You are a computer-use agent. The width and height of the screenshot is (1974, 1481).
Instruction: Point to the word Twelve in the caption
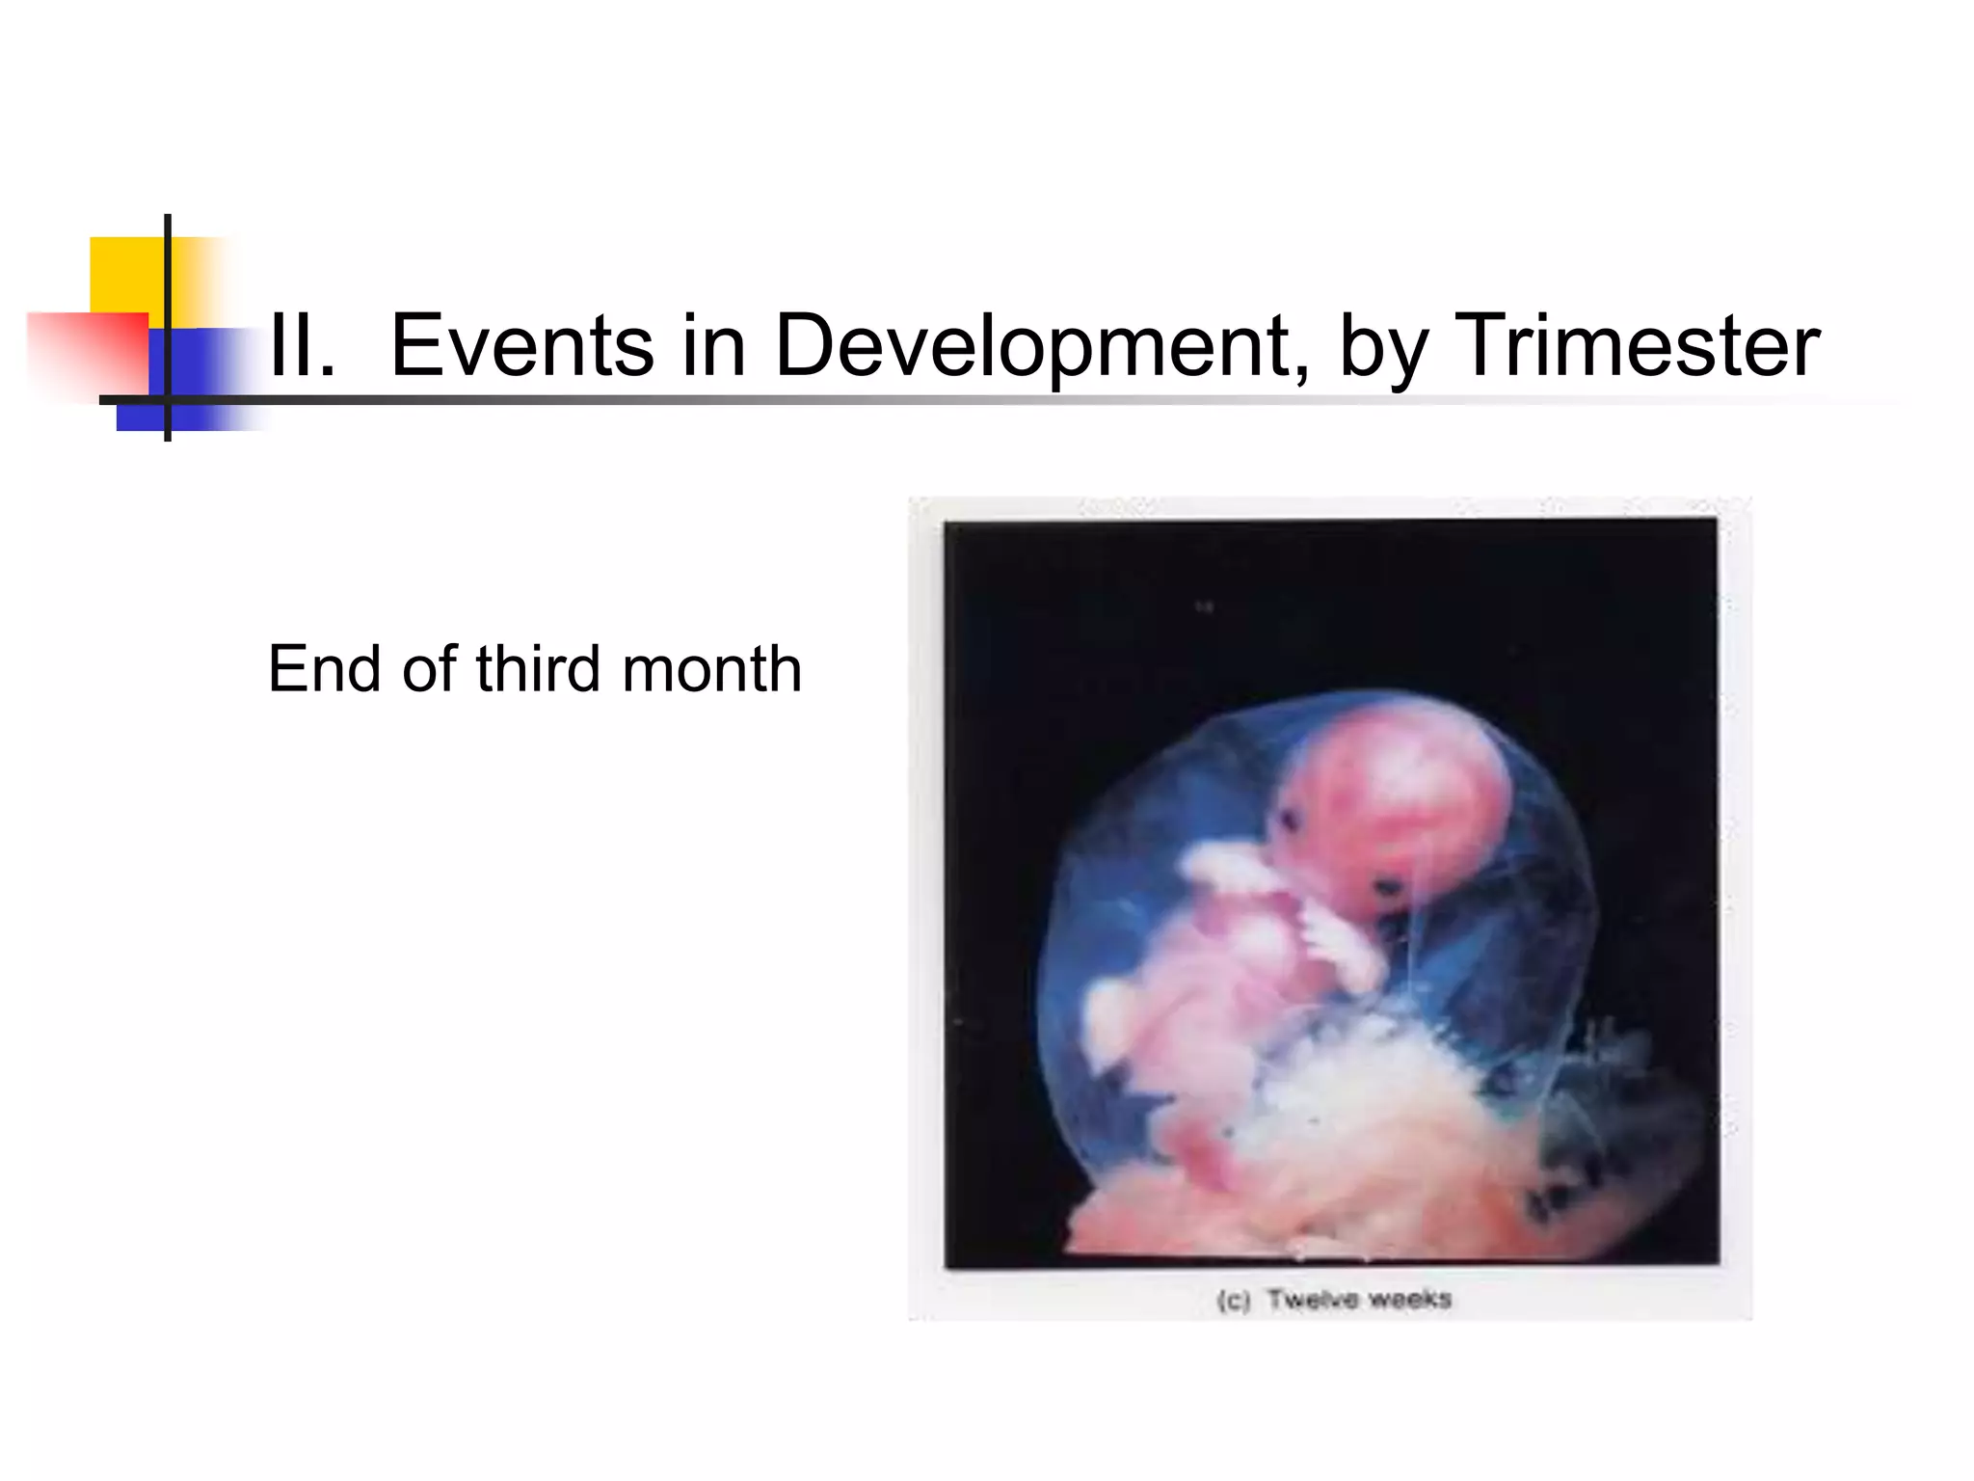pyautogui.click(x=1309, y=1300)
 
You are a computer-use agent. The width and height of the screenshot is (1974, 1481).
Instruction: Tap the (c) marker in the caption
pyautogui.click(x=1234, y=1301)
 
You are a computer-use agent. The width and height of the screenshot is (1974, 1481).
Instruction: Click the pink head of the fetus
pyautogui.click(x=1398, y=800)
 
